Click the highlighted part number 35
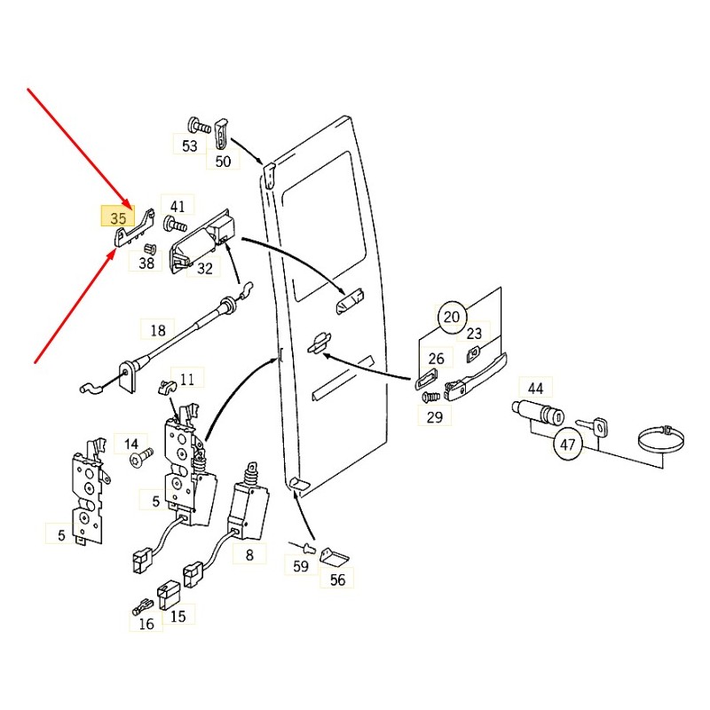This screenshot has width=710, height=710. click(x=118, y=217)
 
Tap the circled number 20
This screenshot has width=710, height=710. click(x=451, y=317)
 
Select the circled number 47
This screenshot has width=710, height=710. click(x=567, y=445)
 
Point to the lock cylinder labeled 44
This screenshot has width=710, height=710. click(x=538, y=412)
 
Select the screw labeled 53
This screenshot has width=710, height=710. click(x=199, y=125)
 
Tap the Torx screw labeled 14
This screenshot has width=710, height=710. click(x=141, y=457)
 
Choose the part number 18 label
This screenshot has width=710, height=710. click(x=158, y=330)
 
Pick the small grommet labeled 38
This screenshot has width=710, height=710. click(x=149, y=248)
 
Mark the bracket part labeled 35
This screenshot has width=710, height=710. click(x=135, y=229)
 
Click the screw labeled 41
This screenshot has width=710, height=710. click(x=175, y=224)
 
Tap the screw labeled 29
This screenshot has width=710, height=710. click(x=430, y=397)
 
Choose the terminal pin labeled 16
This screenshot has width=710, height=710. click(x=143, y=607)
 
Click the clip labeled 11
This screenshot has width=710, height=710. click(x=166, y=386)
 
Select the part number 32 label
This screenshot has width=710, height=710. click(x=205, y=269)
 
